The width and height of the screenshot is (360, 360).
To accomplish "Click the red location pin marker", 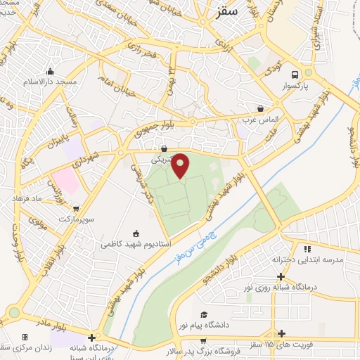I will pos(181,165).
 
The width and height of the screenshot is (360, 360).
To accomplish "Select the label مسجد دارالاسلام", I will pos(51,82).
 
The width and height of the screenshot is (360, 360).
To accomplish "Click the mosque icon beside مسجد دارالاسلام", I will pos(50,71).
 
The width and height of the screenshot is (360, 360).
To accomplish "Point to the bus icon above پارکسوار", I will pos(295,75).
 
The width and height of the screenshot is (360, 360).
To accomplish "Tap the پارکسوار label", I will pos(295,86).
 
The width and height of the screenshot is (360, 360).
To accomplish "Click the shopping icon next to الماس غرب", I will pos(261,109).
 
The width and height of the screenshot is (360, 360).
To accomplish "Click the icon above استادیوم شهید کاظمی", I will pos(136,233).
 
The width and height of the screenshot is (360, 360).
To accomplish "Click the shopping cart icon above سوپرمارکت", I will pos(76,209).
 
